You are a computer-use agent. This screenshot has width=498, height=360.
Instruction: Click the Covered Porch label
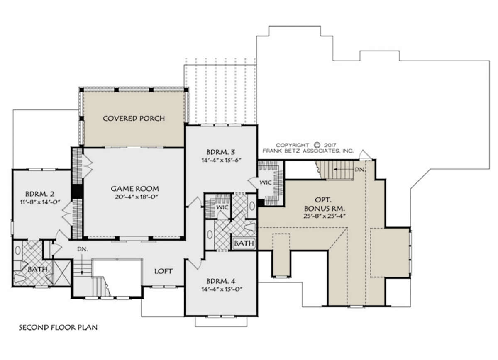[x=134, y=119]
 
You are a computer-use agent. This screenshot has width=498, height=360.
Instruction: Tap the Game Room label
[x=135, y=189]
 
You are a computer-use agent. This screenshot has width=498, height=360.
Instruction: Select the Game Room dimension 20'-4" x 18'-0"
[x=136, y=197]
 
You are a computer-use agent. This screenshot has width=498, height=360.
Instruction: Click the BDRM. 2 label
[x=40, y=194]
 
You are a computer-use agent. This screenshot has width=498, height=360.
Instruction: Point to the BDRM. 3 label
[x=221, y=152]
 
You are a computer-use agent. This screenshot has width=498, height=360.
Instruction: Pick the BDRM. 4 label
[x=221, y=281]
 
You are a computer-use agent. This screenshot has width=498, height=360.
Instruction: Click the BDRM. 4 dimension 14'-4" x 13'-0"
[x=222, y=289]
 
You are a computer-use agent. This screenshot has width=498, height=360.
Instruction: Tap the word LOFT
[x=164, y=271]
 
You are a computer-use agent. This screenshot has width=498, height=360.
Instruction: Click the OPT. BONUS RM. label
[x=325, y=204]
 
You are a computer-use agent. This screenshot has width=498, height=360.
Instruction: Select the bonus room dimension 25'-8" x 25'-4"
[x=325, y=216]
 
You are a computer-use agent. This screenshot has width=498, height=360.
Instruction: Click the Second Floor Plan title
[x=58, y=327]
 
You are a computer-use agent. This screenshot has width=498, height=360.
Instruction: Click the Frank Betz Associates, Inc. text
[x=308, y=151]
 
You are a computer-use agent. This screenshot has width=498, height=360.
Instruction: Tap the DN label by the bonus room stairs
[x=359, y=169]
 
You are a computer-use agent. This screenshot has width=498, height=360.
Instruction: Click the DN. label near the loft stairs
[x=83, y=249]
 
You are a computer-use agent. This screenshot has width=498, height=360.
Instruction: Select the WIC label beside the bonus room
[x=266, y=182]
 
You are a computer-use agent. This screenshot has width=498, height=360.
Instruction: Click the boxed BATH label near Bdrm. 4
[x=244, y=243]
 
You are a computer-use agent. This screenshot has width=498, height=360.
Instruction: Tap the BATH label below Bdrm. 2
[x=38, y=269]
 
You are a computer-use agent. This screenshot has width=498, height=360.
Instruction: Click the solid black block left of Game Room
[x=77, y=191]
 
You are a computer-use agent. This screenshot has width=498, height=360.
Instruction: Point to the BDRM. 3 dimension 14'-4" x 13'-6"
[x=221, y=160]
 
